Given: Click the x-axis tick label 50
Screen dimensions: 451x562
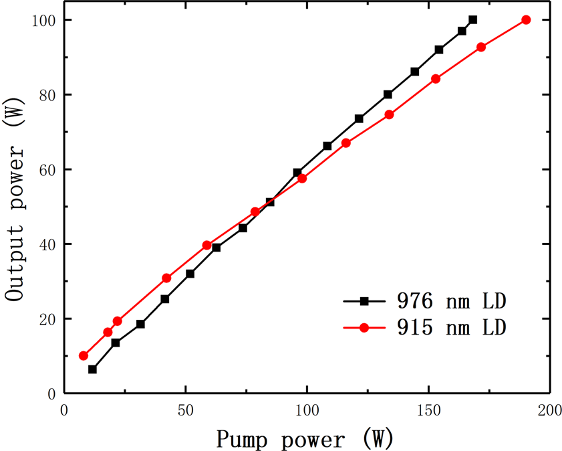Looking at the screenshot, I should point(185,410).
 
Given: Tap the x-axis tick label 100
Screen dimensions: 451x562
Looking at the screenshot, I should point(307,410).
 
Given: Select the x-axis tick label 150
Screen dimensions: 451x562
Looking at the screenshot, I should point(428,410).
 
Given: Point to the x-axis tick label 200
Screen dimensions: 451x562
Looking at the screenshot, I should point(549,410).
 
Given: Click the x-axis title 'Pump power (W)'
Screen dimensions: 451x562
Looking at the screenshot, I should point(305,438).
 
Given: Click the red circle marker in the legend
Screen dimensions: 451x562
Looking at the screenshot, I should point(364,328).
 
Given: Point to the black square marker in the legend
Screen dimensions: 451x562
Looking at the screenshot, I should point(364,301).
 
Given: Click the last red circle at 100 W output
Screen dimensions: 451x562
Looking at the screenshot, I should point(526,20).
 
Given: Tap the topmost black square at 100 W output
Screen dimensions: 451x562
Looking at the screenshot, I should point(473,20).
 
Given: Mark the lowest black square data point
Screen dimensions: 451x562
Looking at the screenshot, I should point(92,369).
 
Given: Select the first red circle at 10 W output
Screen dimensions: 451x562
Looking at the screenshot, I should point(84,356).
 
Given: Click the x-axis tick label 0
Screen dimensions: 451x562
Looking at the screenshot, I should point(64,410).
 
